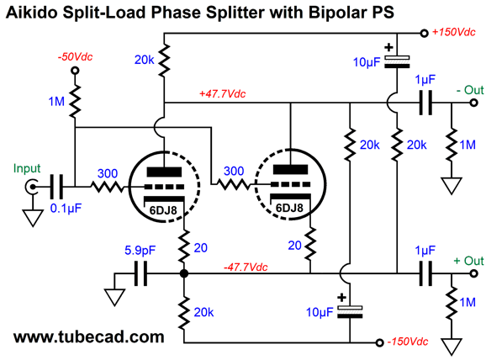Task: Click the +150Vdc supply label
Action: click(x=454, y=32)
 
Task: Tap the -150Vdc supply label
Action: click(x=408, y=341)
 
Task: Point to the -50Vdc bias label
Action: click(x=75, y=56)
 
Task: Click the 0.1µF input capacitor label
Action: click(x=66, y=209)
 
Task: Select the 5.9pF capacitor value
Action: click(x=140, y=250)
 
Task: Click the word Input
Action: click(x=27, y=168)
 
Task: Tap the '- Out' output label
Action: click(x=470, y=90)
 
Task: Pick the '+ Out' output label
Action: click(x=468, y=261)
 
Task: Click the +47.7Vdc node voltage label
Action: click(x=223, y=93)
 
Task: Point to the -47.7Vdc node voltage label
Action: click(x=246, y=267)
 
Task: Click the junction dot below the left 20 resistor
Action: click(x=184, y=273)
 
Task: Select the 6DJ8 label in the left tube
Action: click(x=163, y=210)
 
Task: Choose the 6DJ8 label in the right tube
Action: click(x=289, y=208)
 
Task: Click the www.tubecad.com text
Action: click(x=88, y=336)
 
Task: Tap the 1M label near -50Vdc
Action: click(x=56, y=102)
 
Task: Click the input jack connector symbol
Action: click(x=31, y=187)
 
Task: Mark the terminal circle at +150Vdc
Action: click(x=424, y=33)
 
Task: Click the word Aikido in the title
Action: click(x=32, y=13)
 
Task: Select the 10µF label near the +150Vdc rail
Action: click(x=367, y=62)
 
